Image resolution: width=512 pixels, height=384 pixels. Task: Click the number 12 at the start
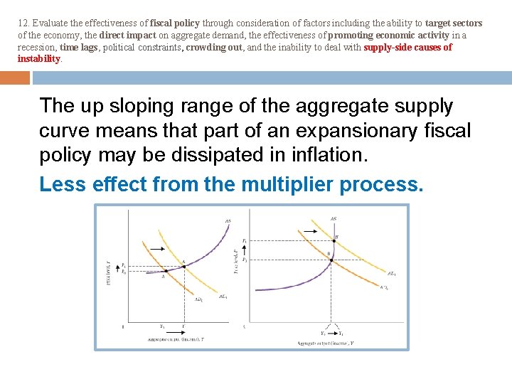tap(23, 23)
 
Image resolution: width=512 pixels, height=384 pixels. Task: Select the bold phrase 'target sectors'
tap(454, 23)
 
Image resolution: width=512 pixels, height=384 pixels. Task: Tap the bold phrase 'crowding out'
tap(214, 48)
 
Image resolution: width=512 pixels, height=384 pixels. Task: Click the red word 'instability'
tap(40, 59)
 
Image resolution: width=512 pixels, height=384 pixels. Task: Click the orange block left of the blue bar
tap(14, 78)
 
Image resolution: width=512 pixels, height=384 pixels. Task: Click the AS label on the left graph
tap(228, 222)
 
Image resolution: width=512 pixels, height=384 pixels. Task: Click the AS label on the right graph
tap(334, 218)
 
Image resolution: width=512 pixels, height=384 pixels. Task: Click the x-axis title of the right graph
tap(328, 343)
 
